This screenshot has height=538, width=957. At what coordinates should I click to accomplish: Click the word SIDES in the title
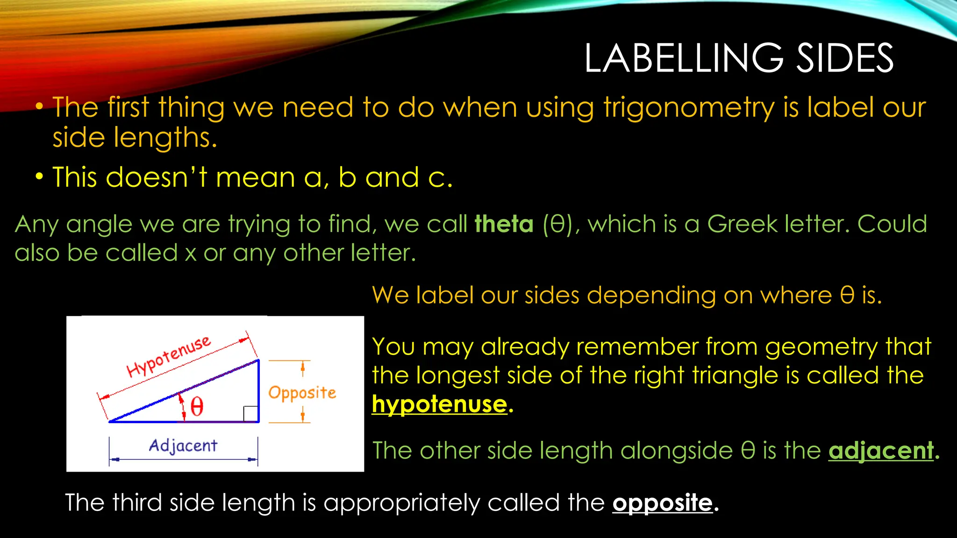[845, 58]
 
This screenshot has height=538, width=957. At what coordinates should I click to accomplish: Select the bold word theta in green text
[504, 224]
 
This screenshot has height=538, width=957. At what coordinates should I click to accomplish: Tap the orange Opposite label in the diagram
[302, 393]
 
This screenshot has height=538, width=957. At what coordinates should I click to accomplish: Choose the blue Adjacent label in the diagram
[183, 446]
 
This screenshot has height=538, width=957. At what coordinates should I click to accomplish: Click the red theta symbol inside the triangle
[197, 407]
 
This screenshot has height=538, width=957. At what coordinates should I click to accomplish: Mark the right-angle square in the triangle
[250, 414]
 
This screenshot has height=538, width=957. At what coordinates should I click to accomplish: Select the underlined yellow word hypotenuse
[439, 404]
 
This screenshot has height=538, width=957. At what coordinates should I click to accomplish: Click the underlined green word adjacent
[881, 451]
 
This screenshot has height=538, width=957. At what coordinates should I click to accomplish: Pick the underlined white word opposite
[663, 503]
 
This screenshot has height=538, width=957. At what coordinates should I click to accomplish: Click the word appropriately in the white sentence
[401, 503]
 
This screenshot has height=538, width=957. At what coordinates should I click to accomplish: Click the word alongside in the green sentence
[677, 451]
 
